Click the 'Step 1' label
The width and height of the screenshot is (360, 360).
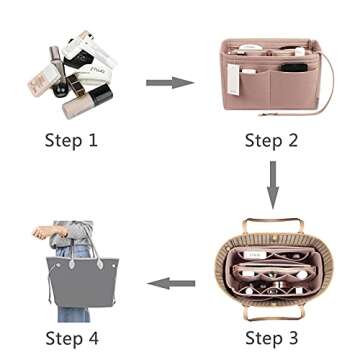[x=71, y=140]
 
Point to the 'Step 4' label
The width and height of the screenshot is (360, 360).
[x=71, y=339]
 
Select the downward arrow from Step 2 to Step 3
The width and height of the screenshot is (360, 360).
[x=270, y=184]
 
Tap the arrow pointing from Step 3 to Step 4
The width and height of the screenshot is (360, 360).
[x=169, y=283]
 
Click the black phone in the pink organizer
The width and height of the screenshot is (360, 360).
[x=292, y=68]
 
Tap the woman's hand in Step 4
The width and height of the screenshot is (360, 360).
[x=41, y=233]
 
